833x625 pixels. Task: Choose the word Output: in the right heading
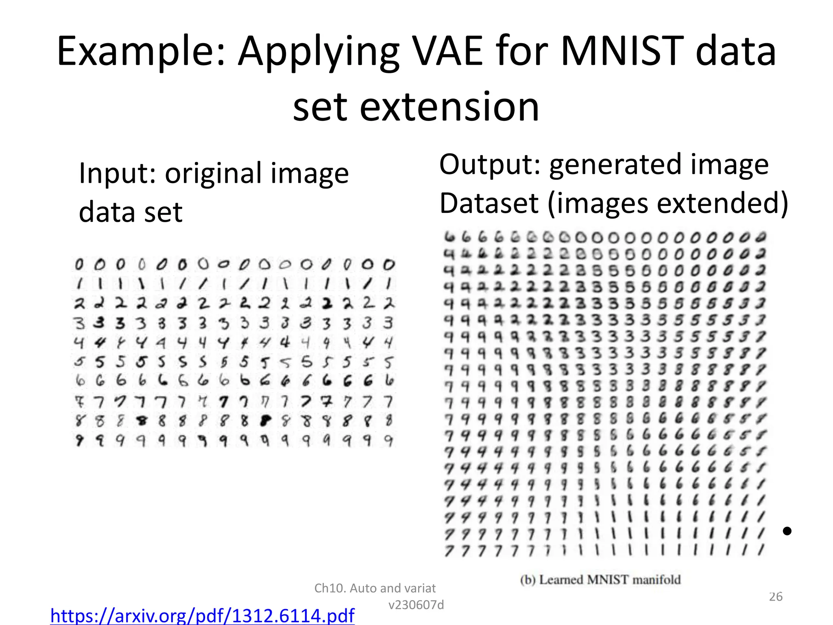pyautogui.click(x=489, y=165)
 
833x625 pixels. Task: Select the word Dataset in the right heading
pyautogui.click(x=489, y=203)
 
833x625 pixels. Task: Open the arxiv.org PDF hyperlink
pyautogui.click(x=202, y=615)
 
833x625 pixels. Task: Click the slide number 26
pyautogui.click(x=776, y=597)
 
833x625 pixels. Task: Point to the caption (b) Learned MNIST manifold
pyautogui.click(x=600, y=580)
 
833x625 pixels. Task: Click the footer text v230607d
pyautogui.click(x=416, y=605)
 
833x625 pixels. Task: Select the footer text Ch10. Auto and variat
pyautogui.click(x=375, y=588)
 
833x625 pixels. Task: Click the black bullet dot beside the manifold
pyautogui.click(x=787, y=531)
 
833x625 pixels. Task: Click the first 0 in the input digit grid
pyautogui.click(x=79, y=265)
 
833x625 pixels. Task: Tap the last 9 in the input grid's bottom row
pyautogui.click(x=388, y=441)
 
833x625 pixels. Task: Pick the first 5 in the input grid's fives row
pyautogui.click(x=79, y=361)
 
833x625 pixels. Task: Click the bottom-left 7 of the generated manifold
pyautogui.click(x=449, y=551)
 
